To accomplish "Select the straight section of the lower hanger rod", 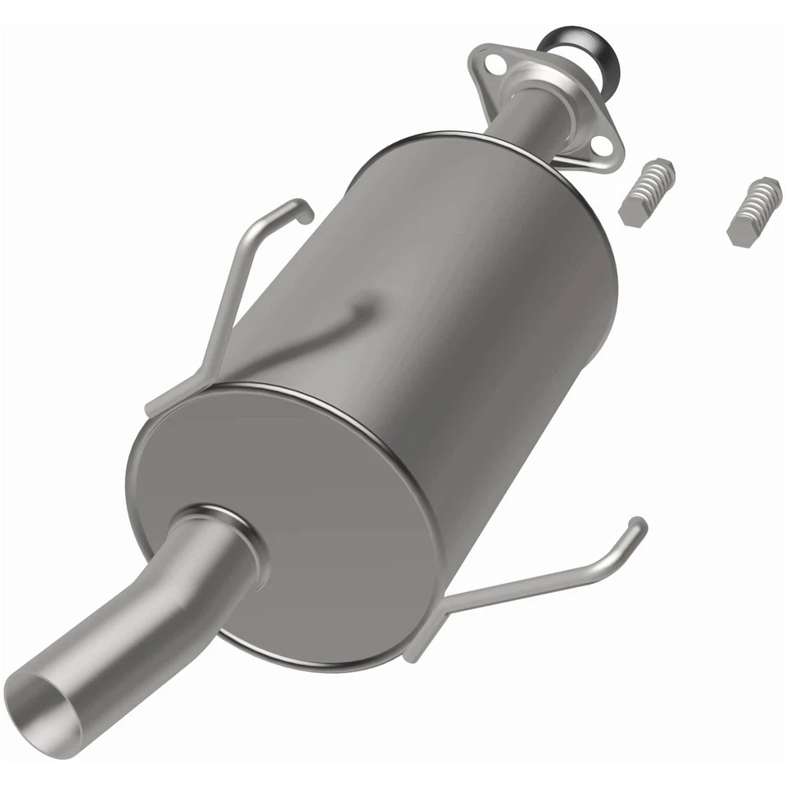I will [532, 581].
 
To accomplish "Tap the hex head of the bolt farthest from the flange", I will [740, 233].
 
